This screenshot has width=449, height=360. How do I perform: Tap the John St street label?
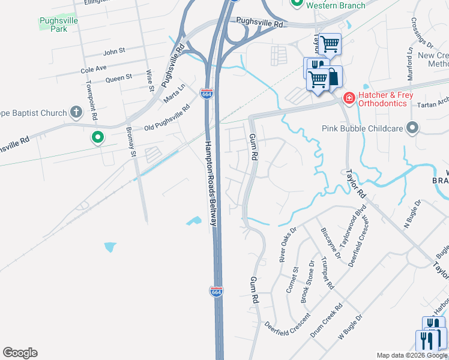113,52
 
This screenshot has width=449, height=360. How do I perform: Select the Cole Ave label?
93,70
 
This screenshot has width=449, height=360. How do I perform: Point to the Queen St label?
118,78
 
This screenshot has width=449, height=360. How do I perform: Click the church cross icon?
76,112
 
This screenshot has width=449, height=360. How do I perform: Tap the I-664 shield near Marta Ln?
206,94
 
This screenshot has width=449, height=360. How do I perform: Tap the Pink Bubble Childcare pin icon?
412,128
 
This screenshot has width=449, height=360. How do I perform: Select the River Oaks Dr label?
289,244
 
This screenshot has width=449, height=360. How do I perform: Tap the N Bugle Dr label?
413,215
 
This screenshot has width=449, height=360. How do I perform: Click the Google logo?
20,353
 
